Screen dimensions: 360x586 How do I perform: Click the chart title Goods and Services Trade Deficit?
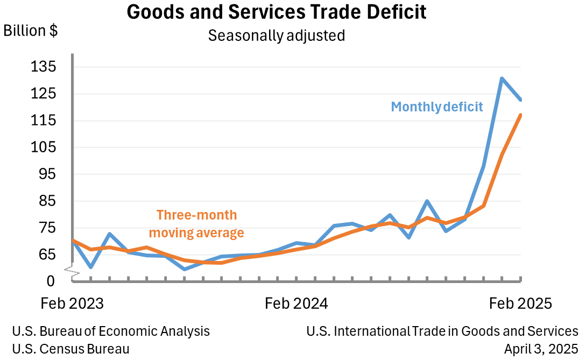pos(277,12)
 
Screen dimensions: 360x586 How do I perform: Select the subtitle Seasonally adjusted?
pos(276,36)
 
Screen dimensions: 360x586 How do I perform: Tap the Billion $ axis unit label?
pos(31,31)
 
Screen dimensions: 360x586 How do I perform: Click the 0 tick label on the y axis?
pos(51,281)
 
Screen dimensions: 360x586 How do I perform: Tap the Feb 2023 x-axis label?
pos(72,303)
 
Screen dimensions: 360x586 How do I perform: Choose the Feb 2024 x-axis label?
pos(296,303)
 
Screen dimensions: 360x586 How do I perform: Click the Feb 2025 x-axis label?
pos(520,303)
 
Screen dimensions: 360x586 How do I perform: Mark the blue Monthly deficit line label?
pos(437,107)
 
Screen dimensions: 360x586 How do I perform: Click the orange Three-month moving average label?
pos(196,224)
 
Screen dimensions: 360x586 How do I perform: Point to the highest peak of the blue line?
pos(502,79)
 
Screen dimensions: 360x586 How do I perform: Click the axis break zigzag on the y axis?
pos(73,272)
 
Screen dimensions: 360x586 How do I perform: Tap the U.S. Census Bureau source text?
pos(70,349)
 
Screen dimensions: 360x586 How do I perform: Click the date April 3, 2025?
pos(541,349)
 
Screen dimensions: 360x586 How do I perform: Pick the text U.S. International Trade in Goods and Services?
pos(442,331)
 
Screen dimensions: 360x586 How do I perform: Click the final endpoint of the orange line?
pos(520,115)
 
